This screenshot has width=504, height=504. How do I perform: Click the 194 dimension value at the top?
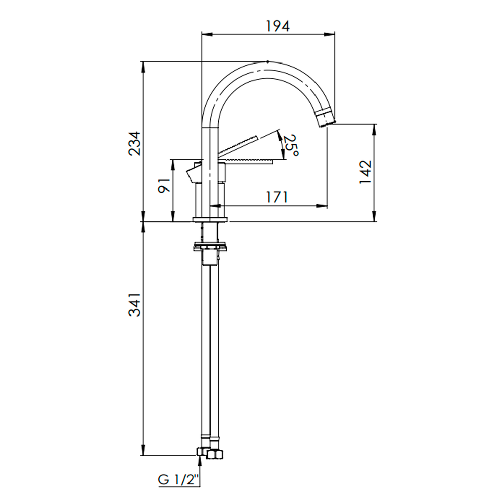pyautogui.click(x=278, y=26)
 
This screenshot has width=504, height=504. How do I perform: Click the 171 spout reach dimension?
pyautogui.click(x=277, y=197)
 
